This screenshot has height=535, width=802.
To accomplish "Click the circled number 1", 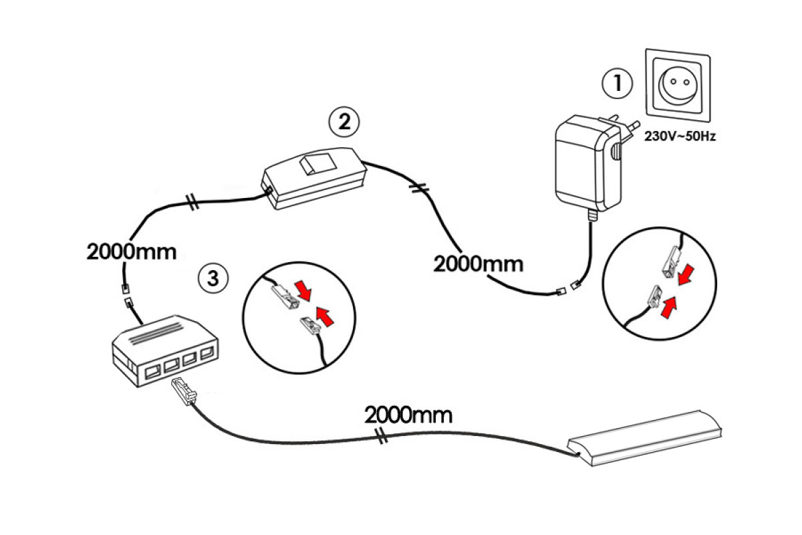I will pyautogui.click(x=616, y=84).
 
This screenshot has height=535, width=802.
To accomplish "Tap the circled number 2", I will pyautogui.click(x=344, y=122).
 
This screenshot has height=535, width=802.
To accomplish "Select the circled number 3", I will pyautogui.click(x=213, y=278).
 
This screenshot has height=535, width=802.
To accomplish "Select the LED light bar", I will pyautogui.click(x=645, y=438).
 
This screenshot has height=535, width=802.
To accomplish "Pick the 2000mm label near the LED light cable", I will pyautogui.click(x=408, y=415).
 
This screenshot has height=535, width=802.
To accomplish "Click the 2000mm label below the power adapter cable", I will pyautogui.click(x=478, y=263).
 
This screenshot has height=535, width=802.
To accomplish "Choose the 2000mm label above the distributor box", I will pyautogui.click(x=132, y=251).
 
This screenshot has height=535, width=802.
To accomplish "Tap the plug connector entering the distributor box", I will pyautogui.click(x=183, y=390).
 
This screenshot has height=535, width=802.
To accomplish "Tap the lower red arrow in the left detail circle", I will pyautogui.click(x=325, y=316).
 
